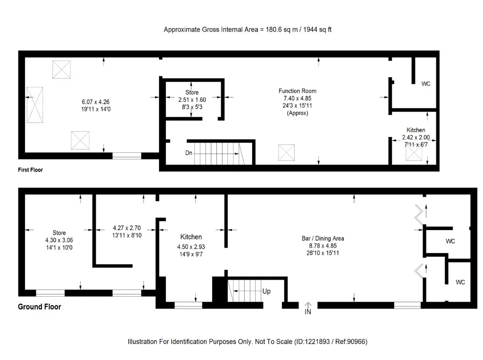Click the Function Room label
297,91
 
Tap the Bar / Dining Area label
323,238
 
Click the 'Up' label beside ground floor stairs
267,291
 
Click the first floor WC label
426,83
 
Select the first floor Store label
191,93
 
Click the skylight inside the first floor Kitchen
413,153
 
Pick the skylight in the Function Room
286,153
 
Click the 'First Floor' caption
30,170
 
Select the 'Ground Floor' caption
39,307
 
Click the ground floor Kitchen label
191,237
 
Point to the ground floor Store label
59,233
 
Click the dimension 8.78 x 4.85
323,246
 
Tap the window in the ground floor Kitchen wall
188,305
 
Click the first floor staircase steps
215,153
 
